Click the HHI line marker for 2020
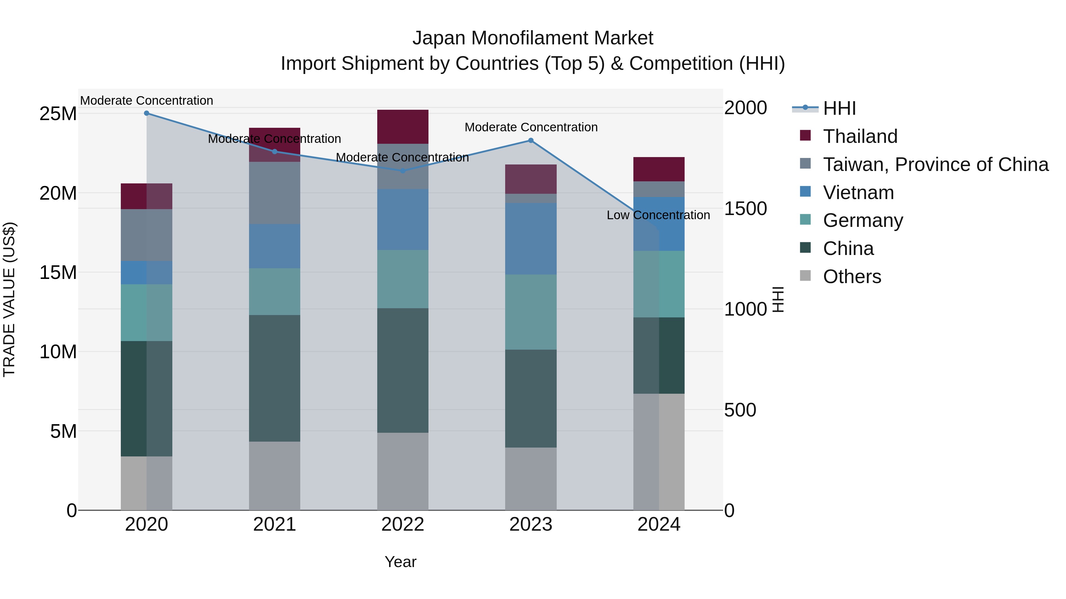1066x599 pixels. click(x=147, y=113)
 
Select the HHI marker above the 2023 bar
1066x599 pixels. click(x=531, y=141)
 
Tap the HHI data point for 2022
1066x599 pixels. click(x=403, y=171)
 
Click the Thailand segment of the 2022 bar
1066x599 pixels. click(x=403, y=127)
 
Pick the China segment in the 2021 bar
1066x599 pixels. click(x=274, y=378)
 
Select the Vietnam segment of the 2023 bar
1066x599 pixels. click(x=531, y=238)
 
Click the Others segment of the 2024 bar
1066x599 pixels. click(x=659, y=451)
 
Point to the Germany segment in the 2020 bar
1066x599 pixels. click(x=147, y=313)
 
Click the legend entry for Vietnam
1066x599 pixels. click(x=858, y=193)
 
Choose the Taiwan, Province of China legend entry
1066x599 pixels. click(x=935, y=164)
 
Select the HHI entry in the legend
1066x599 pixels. click(x=839, y=108)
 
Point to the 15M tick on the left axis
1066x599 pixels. click(x=58, y=272)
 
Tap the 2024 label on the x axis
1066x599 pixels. click(x=659, y=524)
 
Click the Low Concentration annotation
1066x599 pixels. click(x=658, y=215)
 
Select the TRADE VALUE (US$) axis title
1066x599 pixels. click(x=9, y=299)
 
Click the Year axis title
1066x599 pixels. click(x=400, y=562)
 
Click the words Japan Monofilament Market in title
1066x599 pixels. click(x=533, y=38)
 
